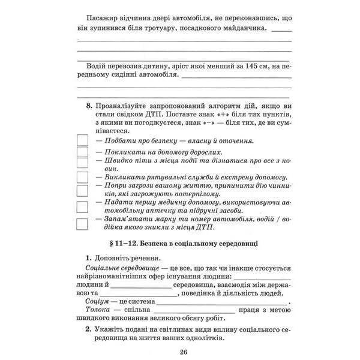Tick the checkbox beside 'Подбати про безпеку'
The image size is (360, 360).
[x=83, y=140]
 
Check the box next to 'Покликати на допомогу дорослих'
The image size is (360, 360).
[x=83, y=152]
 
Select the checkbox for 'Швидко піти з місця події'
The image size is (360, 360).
[x=83, y=163]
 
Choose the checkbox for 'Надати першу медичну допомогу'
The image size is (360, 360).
[x=83, y=206]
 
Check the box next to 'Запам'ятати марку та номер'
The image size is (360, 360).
[x=83, y=223]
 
